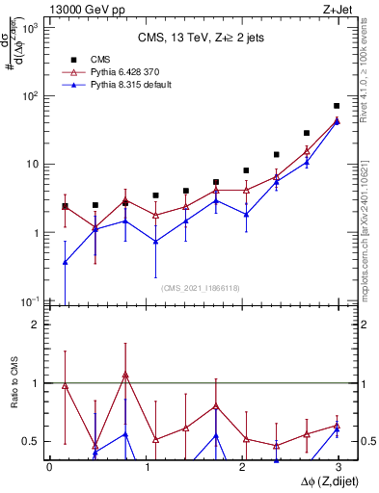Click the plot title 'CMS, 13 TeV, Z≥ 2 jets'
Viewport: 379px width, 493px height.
(202, 39)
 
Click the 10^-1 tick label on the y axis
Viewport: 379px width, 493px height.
(31, 301)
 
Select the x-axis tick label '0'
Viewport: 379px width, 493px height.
(49, 466)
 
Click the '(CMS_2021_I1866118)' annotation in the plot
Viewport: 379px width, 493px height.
(202, 288)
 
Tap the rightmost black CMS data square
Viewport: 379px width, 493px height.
(337, 106)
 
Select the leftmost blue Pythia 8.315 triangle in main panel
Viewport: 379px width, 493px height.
(65, 262)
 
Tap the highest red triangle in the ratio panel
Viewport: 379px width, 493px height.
(125, 375)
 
